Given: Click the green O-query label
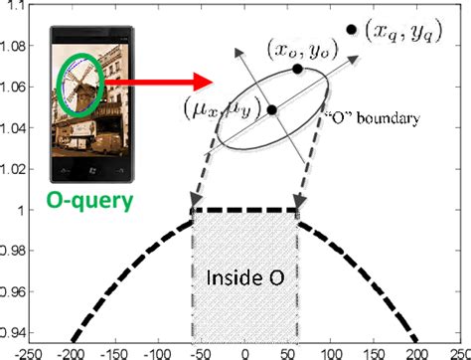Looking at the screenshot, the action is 88,204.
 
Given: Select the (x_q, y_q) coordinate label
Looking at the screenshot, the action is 406,34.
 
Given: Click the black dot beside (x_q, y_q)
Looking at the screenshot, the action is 352,30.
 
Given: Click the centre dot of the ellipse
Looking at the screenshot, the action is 271,106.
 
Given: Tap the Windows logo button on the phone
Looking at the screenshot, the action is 89,175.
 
